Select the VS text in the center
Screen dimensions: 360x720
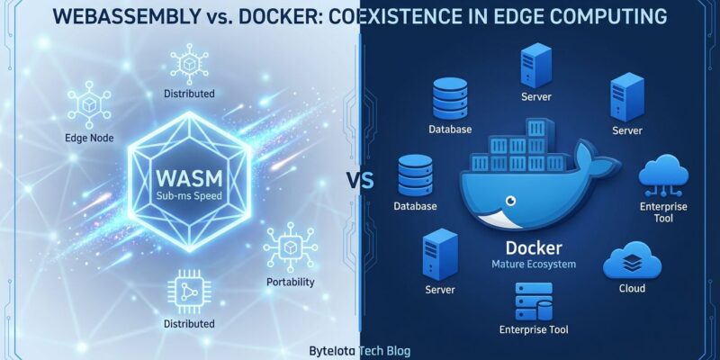pos(360,180)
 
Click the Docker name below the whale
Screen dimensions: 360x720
pos(534,247)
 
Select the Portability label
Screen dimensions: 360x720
pos(291,282)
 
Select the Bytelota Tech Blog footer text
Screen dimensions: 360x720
pos(359,351)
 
